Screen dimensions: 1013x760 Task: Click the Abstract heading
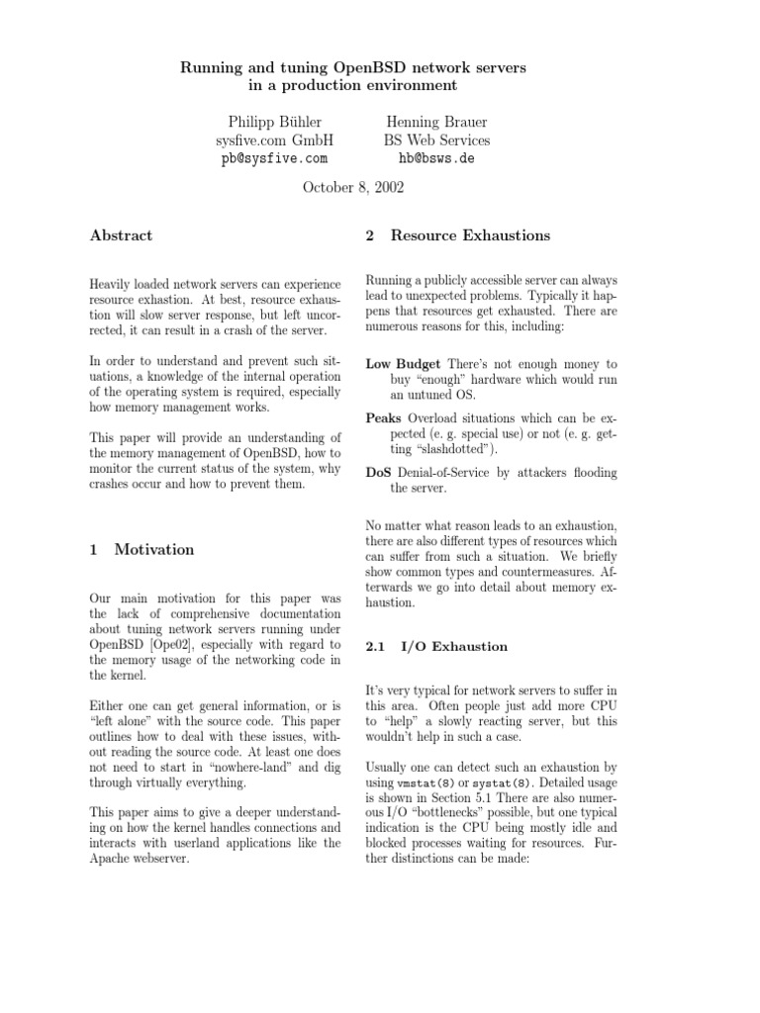coord(121,235)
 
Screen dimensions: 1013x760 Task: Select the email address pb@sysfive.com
coord(273,158)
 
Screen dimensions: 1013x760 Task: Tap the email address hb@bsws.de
coord(436,158)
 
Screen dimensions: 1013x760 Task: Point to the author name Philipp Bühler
coord(274,122)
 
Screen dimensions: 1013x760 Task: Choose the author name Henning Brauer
coord(436,122)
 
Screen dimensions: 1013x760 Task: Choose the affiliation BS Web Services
coord(436,140)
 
